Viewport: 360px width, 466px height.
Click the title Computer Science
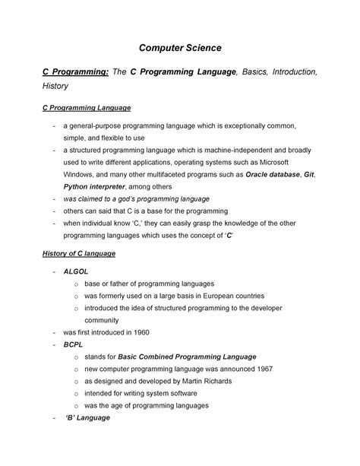tap(179, 48)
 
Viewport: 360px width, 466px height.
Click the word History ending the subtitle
tap(55, 87)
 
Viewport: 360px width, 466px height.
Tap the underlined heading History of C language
tap(78, 253)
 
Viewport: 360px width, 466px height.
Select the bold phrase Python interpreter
tap(95, 186)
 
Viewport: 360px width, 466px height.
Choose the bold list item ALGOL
tap(77, 270)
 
